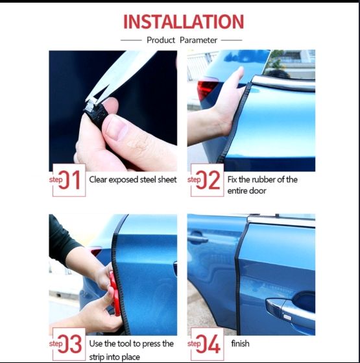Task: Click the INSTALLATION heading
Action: pos(184,22)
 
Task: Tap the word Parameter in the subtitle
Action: pos(198,40)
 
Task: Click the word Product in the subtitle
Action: pos(161,40)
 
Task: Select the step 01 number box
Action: pos(69,180)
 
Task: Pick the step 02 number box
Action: pos(207,180)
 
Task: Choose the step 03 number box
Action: pos(69,344)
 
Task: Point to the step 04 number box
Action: pos(207,344)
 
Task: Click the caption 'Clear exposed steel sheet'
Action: pos(133,180)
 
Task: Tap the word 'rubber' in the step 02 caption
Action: pos(266,179)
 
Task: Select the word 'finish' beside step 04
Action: pos(240,344)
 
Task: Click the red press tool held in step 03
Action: pos(115,294)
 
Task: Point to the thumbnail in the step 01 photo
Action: pos(117,128)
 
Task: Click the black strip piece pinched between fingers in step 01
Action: pos(97,114)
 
